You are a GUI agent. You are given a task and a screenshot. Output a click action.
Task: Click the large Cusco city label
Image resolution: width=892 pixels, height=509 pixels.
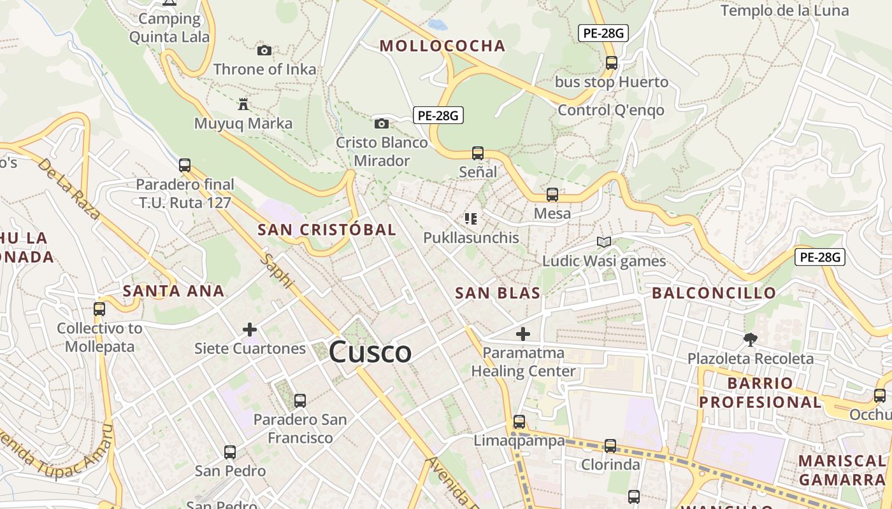[370, 352]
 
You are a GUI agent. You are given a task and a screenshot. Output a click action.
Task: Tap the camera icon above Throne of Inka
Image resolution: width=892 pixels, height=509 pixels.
[264, 50]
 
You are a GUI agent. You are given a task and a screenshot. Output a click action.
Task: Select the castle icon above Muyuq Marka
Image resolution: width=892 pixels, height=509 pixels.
[243, 104]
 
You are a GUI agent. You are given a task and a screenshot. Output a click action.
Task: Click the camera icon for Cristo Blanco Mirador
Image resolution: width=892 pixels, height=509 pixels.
[382, 123]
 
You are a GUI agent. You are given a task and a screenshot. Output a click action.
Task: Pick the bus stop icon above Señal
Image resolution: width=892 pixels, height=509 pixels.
[478, 153]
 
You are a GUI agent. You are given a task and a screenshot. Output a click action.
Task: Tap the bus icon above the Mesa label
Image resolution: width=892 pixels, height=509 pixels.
[552, 195]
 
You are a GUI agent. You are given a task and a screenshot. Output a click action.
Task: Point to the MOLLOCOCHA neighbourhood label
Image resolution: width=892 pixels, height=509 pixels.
[442, 46]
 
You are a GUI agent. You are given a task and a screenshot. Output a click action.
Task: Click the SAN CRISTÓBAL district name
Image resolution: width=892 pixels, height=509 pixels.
[327, 230]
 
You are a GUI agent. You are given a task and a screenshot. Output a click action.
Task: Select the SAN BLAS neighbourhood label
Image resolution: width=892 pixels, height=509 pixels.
[498, 293]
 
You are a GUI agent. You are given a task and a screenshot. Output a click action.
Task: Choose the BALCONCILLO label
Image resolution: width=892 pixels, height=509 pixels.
[714, 293]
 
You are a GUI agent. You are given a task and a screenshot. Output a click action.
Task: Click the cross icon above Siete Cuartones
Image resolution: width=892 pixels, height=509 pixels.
[250, 329]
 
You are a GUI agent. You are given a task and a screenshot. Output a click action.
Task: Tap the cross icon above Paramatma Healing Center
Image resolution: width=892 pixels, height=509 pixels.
[523, 333]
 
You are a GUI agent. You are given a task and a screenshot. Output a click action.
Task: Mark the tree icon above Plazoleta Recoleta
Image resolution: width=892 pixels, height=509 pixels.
[751, 339]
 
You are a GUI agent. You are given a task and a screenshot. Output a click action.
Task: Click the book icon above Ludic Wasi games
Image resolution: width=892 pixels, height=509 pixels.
[603, 242]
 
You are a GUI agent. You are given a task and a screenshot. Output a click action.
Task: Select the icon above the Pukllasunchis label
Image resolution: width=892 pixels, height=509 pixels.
[471, 219]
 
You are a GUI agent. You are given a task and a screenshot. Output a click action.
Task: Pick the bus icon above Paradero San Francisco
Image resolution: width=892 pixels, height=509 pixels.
[300, 400]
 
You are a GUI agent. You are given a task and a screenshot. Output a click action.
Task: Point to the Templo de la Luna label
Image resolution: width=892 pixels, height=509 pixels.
[784, 10]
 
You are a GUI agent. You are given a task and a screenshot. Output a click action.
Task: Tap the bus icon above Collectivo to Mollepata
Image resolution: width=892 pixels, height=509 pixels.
[99, 309]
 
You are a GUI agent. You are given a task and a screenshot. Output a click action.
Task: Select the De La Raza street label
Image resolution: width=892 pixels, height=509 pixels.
[69, 189]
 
